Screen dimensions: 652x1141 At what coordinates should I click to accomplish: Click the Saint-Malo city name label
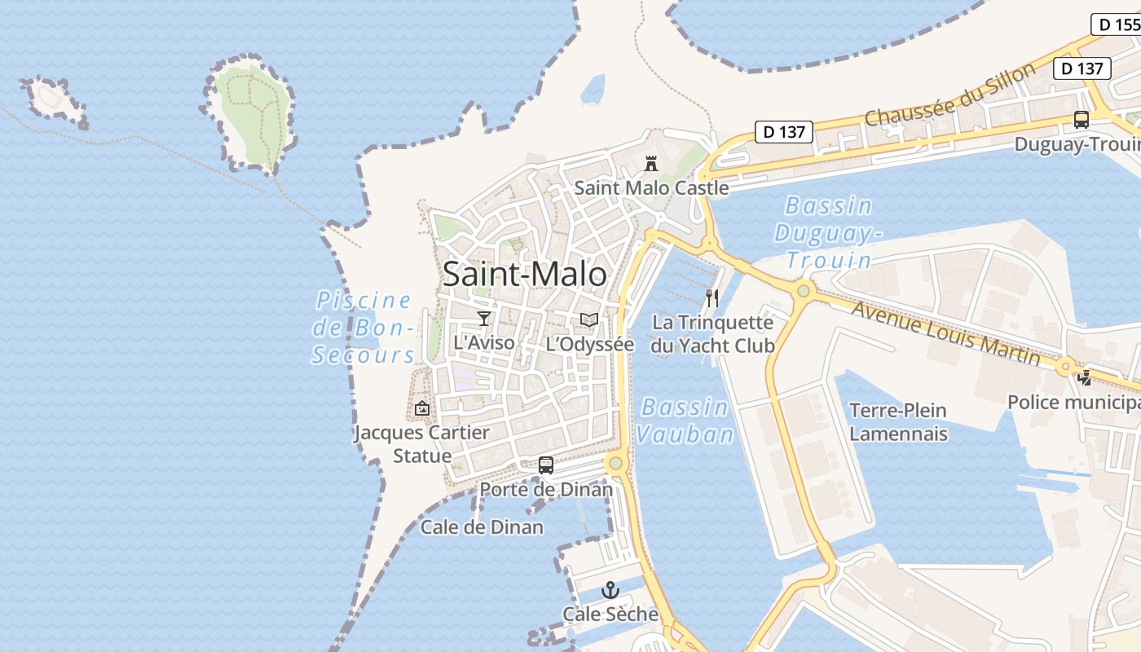coord(524,275)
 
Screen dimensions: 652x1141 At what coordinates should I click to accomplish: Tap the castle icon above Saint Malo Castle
coord(650,164)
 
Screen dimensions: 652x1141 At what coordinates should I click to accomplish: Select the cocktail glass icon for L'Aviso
coord(484,319)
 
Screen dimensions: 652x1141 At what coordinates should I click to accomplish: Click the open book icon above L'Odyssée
coord(589,320)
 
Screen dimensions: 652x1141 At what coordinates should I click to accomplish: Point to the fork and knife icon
coord(712,298)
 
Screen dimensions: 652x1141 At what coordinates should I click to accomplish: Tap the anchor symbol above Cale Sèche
coord(610,590)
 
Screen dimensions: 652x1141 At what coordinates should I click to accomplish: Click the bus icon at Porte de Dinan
coord(546,465)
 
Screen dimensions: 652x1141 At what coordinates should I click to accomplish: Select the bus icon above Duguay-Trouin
coord(1082,120)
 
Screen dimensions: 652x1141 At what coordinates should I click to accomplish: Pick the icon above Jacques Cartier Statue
coord(422,408)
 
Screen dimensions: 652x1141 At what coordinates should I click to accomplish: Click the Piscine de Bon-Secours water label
coord(364,328)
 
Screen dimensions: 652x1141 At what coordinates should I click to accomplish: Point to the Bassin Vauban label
coord(685,421)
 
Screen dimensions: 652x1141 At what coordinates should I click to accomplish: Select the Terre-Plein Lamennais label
coord(898,421)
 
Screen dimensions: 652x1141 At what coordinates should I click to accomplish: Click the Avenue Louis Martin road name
coord(945,333)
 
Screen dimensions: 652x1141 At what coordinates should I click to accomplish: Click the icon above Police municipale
coord(1084,378)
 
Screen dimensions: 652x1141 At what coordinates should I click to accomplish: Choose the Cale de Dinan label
coord(482,527)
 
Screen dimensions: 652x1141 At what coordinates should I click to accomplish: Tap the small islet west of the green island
coord(54,99)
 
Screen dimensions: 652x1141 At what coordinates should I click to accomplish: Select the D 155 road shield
coord(1117,24)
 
